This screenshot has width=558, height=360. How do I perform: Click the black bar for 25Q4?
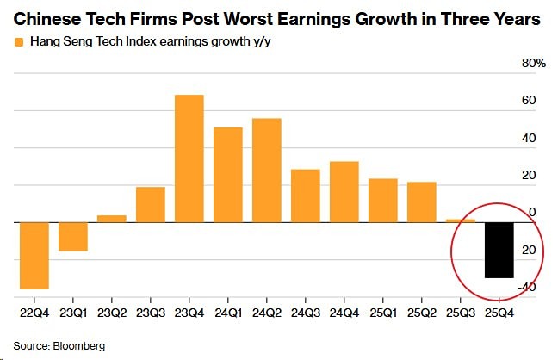499,250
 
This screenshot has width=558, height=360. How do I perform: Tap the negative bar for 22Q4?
34,256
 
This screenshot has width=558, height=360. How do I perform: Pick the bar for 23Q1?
73,237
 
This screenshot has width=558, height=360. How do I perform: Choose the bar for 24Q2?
267,170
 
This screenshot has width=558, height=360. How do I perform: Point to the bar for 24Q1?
228,174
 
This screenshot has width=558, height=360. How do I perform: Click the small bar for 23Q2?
112,219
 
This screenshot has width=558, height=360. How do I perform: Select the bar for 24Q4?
344,191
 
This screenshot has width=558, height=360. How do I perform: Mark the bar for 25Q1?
383,200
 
